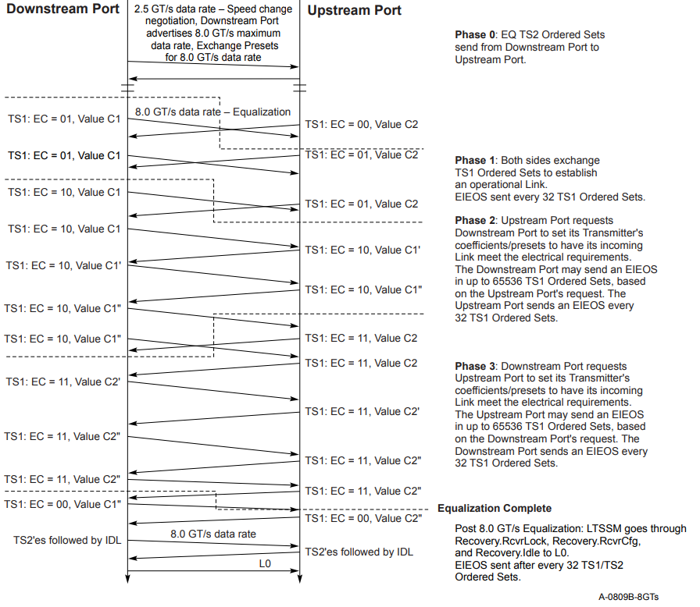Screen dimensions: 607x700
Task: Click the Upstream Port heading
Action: [354, 10]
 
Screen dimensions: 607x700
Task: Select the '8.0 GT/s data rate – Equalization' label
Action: [212, 112]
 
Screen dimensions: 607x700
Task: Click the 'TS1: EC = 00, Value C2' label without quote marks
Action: [361, 124]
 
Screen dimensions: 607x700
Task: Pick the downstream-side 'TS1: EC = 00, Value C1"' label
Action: [64, 504]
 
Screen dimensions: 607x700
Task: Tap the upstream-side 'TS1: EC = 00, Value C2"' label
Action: [363, 518]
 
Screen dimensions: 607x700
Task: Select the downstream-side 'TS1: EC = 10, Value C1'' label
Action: [64, 265]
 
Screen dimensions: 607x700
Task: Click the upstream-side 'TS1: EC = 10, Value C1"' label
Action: [363, 289]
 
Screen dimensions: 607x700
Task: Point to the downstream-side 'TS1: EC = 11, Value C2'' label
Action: [64, 382]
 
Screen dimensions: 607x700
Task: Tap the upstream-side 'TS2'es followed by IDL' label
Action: [359, 552]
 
